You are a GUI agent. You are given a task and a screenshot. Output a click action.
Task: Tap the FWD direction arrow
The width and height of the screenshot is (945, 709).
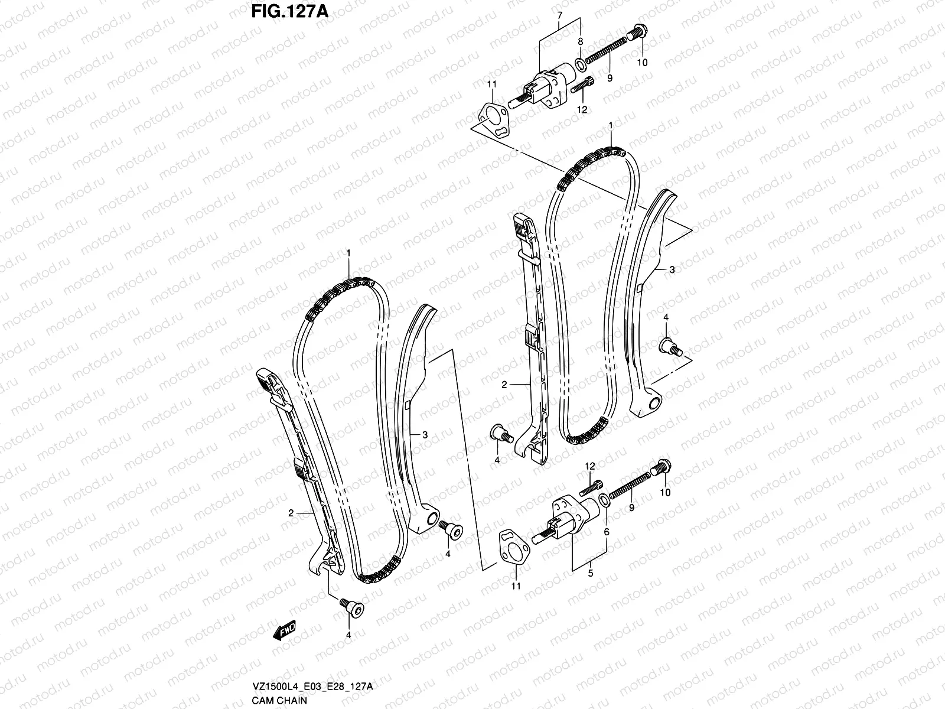(284, 631)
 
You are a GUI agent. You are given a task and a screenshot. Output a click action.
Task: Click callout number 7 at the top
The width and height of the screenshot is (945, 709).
(560, 14)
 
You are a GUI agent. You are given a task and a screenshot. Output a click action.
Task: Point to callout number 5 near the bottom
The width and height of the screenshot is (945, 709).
(589, 574)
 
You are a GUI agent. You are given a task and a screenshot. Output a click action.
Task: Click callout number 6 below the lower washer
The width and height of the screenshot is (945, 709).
(606, 532)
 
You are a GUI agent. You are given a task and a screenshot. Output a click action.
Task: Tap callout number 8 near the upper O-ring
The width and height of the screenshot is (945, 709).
(581, 41)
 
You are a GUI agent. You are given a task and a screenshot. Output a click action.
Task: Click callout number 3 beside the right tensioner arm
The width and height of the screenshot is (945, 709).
(672, 269)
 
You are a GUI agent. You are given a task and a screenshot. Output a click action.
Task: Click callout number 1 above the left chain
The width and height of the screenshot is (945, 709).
(349, 253)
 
